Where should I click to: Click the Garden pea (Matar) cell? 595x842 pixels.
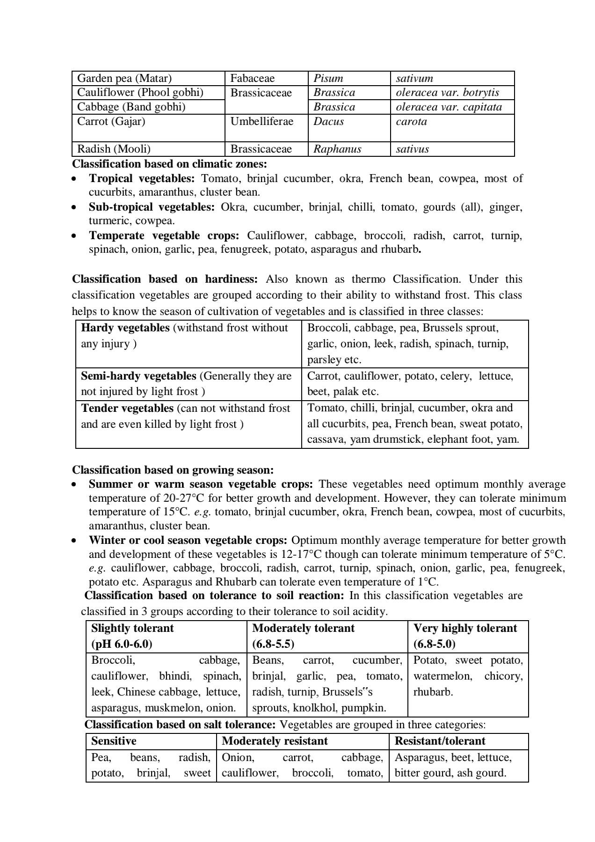[124, 78]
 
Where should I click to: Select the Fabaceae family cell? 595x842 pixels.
[252, 78]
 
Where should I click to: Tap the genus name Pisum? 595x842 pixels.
[328, 78]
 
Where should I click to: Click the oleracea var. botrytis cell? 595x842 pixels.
[447, 93]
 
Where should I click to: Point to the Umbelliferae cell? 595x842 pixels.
[261, 122]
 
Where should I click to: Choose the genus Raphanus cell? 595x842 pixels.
[337, 149]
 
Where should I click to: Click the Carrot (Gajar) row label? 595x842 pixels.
[111, 122]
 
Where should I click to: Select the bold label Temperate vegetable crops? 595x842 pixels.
[164, 235]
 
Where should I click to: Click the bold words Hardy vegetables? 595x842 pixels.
[125, 328]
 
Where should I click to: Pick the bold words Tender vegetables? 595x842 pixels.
[127, 408]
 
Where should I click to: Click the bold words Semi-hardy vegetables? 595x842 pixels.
[138, 376]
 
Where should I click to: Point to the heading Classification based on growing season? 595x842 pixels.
[173, 470]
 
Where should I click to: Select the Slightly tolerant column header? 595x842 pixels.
[132, 628]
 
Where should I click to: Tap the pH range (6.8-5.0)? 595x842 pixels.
[434, 644]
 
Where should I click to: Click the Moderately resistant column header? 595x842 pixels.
[275, 741]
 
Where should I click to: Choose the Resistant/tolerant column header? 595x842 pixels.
[440, 741]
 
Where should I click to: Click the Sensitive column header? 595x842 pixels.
[114, 741]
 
